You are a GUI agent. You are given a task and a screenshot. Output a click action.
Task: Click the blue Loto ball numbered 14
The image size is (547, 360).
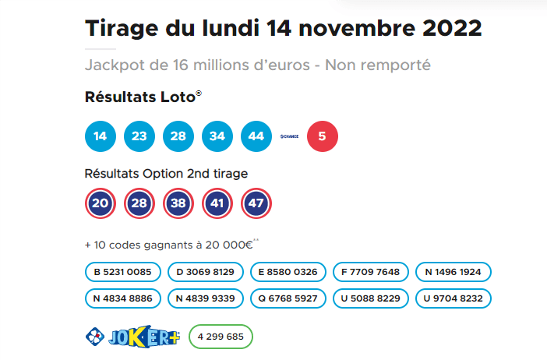[100, 136]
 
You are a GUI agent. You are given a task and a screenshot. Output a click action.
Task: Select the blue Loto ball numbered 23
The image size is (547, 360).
[139, 136]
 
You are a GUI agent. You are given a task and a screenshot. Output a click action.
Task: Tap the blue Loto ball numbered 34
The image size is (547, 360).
[217, 136]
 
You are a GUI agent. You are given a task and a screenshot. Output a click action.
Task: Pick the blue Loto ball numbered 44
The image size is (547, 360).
[256, 136]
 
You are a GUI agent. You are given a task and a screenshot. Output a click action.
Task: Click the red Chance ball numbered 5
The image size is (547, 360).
[323, 136]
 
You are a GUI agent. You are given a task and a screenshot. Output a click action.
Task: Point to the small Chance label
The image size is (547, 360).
[290, 136]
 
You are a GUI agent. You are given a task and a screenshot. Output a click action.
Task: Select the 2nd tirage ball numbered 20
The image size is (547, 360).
[100, 203]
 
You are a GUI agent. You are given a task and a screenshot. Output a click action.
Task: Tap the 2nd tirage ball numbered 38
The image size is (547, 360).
[178, 203]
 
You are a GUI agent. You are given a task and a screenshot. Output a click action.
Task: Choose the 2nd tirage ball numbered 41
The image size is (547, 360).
[217, 203]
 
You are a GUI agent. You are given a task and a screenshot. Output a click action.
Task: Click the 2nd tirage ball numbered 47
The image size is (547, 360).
[256, 203]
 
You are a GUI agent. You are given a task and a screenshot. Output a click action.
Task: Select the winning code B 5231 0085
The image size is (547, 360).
[123, 272]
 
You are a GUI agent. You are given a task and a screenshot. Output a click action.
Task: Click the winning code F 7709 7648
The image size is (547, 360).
[371, 272]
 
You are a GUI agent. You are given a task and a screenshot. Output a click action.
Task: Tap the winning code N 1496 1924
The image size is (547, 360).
[453, 272]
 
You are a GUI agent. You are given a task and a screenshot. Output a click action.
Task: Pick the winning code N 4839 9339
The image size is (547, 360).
[206, 298]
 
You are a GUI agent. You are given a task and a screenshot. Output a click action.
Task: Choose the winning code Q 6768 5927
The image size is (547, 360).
[288, 298]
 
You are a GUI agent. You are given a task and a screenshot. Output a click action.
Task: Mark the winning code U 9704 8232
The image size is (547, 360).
[453, 298]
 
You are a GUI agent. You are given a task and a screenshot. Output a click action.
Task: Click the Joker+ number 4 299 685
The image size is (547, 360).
[221, 337]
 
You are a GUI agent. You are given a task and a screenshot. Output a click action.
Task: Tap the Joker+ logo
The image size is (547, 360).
[132, 337]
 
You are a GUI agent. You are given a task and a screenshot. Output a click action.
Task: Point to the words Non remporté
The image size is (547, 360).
[381, 65]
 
